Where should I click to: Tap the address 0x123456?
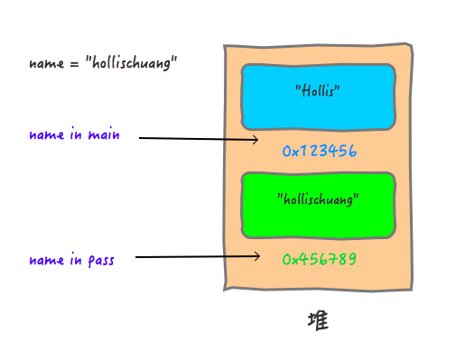(x=321, y=152)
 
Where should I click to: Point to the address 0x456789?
(x=321, y=259)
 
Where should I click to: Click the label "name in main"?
(x=74, y=135)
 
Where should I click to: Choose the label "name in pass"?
(x=73, y=260)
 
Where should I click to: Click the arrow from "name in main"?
(x=199, y=140)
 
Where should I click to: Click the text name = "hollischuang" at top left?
(x=103, y=65)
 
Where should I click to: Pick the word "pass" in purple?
(x=102, y=261)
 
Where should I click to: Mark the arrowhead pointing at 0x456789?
(x=258, y=257)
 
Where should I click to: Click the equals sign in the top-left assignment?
(x=74, y=65)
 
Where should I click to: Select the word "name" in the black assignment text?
(x=47, y=65)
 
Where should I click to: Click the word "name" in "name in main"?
(x=45, y=135)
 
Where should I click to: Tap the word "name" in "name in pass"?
(x=45, y=260)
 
